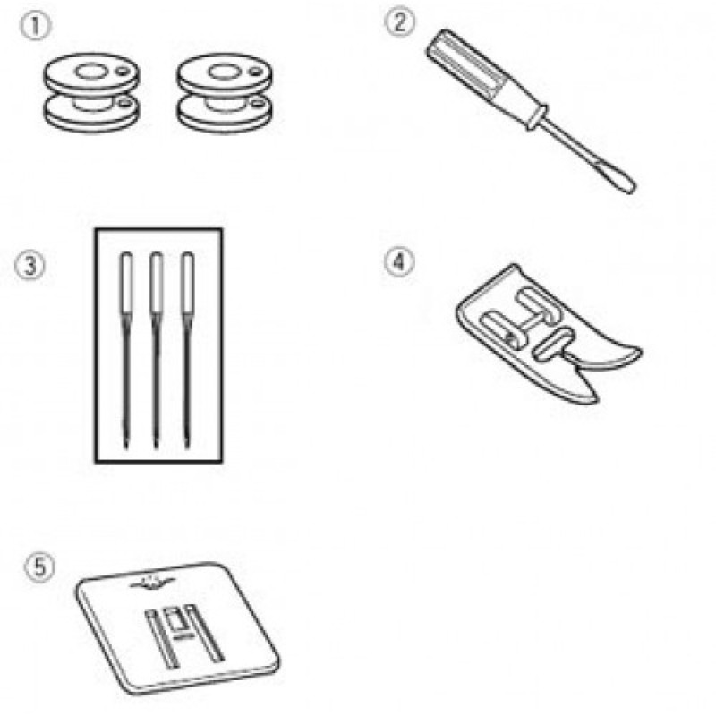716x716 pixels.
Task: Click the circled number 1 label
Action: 35,27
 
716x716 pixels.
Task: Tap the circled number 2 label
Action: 399,22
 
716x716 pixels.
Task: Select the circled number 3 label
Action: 30,265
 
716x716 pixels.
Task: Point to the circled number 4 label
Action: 398,262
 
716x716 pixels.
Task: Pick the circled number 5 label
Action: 39,567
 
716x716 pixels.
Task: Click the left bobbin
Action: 91,93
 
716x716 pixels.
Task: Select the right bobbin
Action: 225,93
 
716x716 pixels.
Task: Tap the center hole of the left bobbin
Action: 91,72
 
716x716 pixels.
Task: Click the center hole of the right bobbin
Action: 224,72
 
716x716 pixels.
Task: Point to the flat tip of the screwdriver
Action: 624,183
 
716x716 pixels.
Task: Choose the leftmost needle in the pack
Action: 126,350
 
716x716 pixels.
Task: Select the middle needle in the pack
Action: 156,350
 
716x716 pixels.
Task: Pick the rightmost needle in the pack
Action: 187,350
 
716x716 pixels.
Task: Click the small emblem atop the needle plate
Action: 152,583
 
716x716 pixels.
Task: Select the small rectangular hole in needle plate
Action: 174,620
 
